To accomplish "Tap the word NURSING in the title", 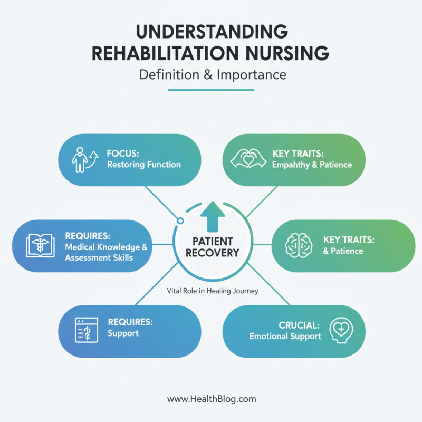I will point(284,53).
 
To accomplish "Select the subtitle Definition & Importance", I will point(212,75).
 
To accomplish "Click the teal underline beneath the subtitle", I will point(210,90).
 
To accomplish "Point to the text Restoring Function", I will point(143,165).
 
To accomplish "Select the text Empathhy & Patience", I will point(312,165).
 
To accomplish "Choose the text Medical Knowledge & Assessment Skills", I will point(106,252).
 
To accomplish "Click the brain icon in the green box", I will point(296,245).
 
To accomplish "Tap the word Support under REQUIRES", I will point(123,333).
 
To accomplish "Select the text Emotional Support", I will point(285,336).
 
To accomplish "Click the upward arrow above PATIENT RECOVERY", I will point(212,217).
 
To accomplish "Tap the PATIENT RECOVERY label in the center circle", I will point(212,246).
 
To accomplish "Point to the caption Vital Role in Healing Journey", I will point(212,291).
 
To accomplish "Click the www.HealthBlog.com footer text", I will point(212,399).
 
